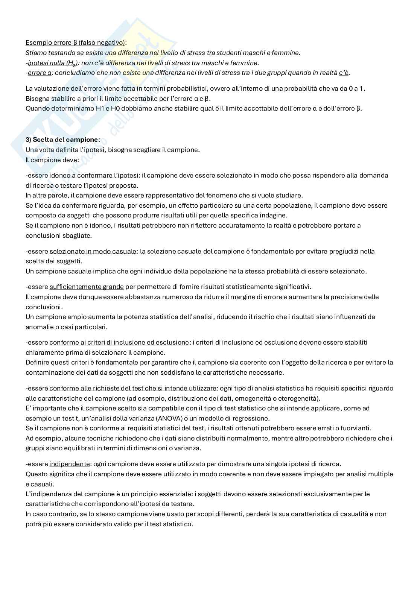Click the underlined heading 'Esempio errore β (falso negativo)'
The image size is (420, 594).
[75, 43]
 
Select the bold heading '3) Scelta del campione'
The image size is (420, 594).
[62, 140]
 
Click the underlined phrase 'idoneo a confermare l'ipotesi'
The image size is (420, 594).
[94, 175]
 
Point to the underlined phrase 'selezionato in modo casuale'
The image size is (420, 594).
[93, 251]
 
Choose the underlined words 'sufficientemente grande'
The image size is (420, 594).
[87, 287]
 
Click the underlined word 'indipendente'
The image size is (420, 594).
[70, 464]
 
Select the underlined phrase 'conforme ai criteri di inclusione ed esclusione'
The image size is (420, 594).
[119, 342]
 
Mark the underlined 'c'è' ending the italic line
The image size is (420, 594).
[344, 73]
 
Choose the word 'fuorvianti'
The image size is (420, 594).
[357, 428]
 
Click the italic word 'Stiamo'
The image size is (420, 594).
[35, 53]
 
